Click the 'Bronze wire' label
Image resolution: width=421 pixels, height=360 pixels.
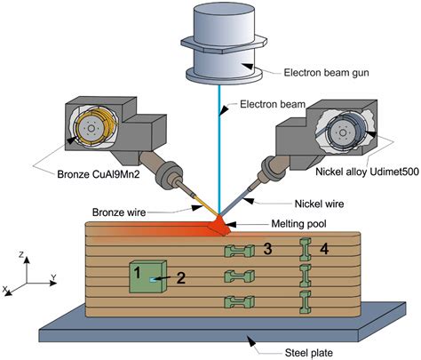point(119,211)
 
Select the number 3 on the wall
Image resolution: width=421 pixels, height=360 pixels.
point(267,250)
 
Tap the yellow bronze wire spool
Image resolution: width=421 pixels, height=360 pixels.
point(91,127)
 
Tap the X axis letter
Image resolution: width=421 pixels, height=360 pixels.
point(6,291)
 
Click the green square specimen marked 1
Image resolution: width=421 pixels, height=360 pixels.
point(147,276)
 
